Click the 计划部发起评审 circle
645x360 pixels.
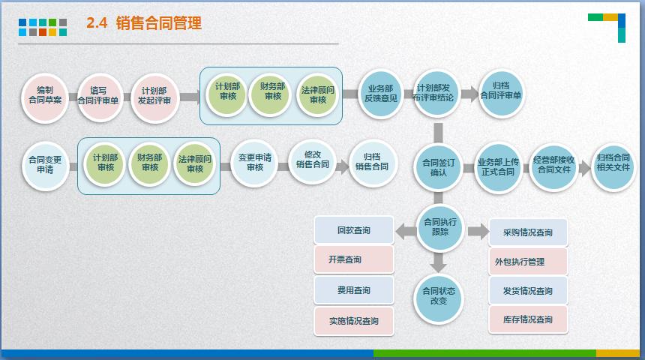[x=156, y=96]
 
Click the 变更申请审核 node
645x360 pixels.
[x=255, y=163]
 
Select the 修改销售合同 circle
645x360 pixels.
[x=312, y=160]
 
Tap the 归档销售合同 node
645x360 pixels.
[x=371, y=163]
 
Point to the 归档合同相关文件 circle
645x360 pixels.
[x=613, y=163]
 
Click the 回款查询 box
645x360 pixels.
[x=353, y=230]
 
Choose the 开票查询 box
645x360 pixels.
[x=353, y=259]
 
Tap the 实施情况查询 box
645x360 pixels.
[x=353, y=321]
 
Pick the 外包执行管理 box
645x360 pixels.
[x=528, y=262]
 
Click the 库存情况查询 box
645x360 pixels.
[x=528, y=320]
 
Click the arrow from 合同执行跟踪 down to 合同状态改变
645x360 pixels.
[x=439, y=262]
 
